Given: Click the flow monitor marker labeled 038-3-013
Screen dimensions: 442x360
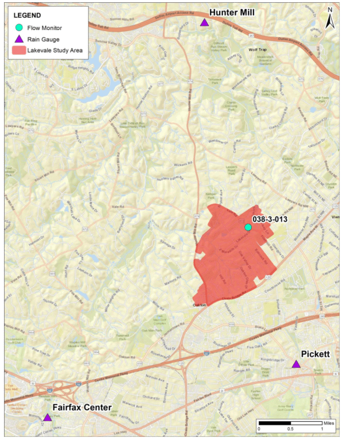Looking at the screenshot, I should (x=248, y=227).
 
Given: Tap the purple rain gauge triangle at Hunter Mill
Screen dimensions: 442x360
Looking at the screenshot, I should (x=204, y=23).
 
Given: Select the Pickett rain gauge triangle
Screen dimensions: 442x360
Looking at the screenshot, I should (x=296, y=364).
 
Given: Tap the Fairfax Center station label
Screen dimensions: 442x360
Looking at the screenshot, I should (x=82, y=407).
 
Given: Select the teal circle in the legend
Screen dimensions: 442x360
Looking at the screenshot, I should (x=19, y=28).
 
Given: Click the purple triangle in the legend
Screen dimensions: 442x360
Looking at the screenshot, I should (x=19, y=39).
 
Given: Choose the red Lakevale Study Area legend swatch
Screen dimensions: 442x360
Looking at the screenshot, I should (x=19, y=51).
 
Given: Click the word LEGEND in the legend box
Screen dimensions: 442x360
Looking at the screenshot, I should (x=27, y=14).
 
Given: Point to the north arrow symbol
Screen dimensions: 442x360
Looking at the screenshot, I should (x=330, y=18).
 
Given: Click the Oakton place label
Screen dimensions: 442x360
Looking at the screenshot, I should (x=200, y=306).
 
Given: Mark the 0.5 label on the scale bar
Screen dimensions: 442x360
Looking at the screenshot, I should (x=290, y=429).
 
